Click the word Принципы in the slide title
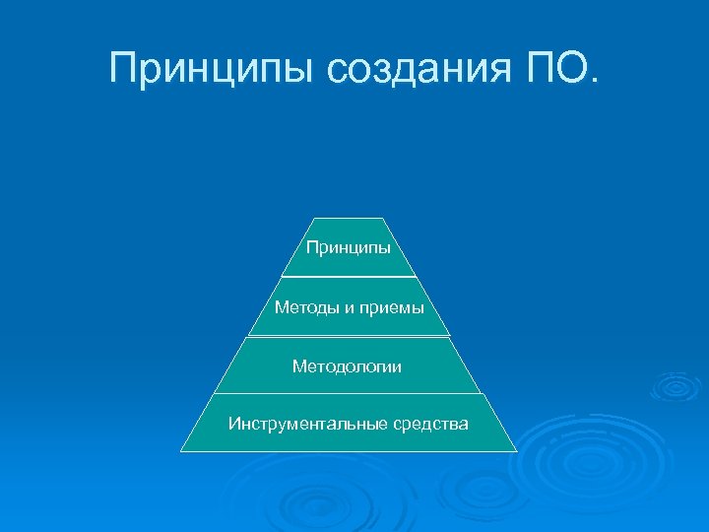coord(212,69)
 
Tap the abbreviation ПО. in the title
coord(561,69)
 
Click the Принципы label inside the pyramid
coord(348,247)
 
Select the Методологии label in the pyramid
coord(347,366)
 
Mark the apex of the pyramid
coord(348,219)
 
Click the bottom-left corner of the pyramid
coord(181,451)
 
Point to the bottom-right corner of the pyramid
coord(516,451)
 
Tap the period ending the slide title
coord(591,80)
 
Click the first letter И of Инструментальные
coord(233,425)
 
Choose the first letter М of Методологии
coord(298,366)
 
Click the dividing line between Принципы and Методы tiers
coord(348,277)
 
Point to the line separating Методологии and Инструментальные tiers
coord(348,393)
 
